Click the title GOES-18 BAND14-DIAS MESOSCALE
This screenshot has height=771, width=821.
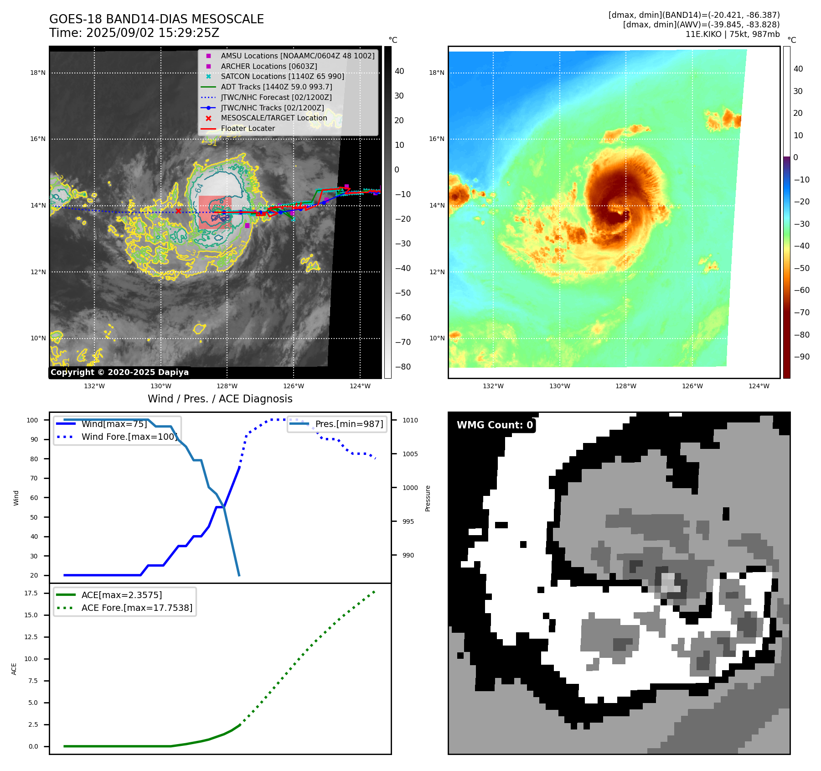(156, 19)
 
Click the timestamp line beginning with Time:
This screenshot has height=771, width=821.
(134, 33)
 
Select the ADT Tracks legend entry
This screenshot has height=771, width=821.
(276, 87)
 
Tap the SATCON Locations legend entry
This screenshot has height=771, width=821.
(282, 76)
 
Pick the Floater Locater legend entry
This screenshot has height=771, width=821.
(248, 129)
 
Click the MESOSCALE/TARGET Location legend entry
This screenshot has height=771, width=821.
(274, 118)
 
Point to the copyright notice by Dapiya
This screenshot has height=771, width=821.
(119, 372)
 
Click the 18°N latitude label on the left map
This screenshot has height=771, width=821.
(38, 73)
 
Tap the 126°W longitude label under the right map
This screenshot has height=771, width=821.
(692, 386)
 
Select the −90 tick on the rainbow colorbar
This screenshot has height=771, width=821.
(801, 357)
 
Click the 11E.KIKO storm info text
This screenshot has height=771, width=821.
(732, 34)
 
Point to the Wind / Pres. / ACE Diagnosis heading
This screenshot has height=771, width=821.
(220, 399)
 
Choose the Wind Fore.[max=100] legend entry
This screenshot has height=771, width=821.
(129, 437)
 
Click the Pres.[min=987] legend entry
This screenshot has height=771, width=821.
(349, 424)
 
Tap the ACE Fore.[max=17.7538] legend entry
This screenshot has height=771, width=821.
(137, 608)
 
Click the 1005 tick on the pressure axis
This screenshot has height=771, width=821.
(410, 454)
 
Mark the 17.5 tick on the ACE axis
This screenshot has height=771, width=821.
(31, 593)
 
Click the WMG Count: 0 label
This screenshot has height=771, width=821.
(495, 425)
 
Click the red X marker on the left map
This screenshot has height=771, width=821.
(178, 211)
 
